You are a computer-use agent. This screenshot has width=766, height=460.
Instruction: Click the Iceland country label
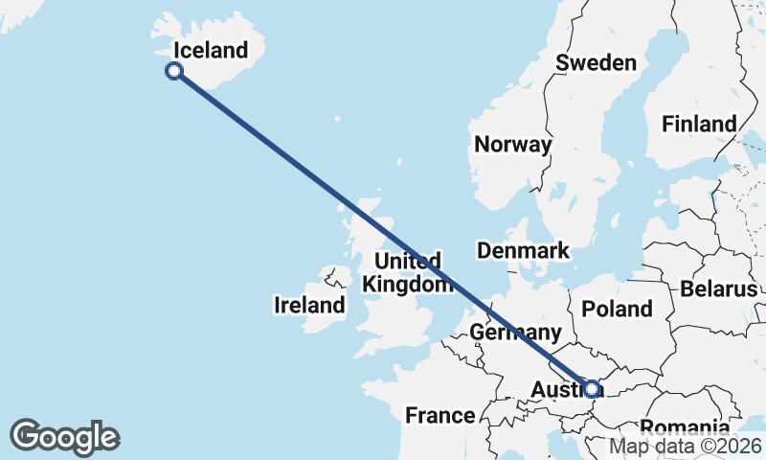point(210,50)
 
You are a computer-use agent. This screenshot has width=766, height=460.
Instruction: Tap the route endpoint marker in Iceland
point(174,70)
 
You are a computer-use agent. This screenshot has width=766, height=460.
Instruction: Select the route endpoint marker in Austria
point(592,388)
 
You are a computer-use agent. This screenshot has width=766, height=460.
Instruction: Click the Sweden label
point(597,63)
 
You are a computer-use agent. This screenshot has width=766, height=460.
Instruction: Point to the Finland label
point(699,124)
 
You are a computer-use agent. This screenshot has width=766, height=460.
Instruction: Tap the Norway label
point(513,145)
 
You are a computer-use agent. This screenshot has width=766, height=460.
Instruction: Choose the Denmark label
point(523,251)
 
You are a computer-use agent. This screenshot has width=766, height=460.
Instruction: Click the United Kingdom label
point(408,272)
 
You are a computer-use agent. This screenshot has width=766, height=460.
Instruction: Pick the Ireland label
point(309,306)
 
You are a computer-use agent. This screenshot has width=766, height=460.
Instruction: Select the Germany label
point(515,333)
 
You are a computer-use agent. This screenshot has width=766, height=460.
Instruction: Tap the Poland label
point(618,309)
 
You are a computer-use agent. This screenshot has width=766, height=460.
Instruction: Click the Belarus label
point(719,289)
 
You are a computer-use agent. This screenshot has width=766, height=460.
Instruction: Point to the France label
point(440,416)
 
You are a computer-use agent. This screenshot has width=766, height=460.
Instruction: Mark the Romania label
point(684,427)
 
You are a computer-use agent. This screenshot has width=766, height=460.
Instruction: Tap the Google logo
point(65,437)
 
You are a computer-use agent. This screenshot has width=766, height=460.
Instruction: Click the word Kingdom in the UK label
point(408,285)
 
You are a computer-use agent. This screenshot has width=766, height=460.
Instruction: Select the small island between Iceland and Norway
point(337,119)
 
